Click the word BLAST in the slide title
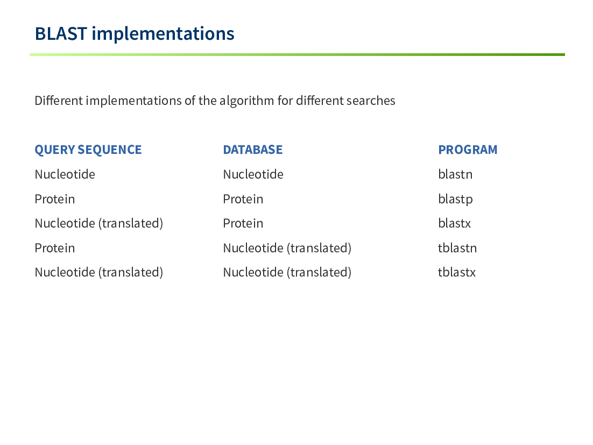(61, 34)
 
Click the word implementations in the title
(163, 34)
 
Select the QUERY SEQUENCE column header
(88, 150)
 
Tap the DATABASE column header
(252, 150)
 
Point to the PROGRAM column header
(468, 150)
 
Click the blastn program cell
(455, 174)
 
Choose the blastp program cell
(455, 199)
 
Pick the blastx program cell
(455, 223)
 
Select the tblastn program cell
(457, 248)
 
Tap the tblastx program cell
(457, 272)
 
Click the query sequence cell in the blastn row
(65, 174)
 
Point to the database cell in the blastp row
(243, 199)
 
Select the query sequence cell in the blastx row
(98, 223)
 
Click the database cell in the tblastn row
(287, 248)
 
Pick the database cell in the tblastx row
(287, 272)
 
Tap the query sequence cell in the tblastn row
(54, 248)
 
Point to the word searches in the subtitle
(371, 101)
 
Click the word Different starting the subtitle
(59, 101)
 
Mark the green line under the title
(297, 54)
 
